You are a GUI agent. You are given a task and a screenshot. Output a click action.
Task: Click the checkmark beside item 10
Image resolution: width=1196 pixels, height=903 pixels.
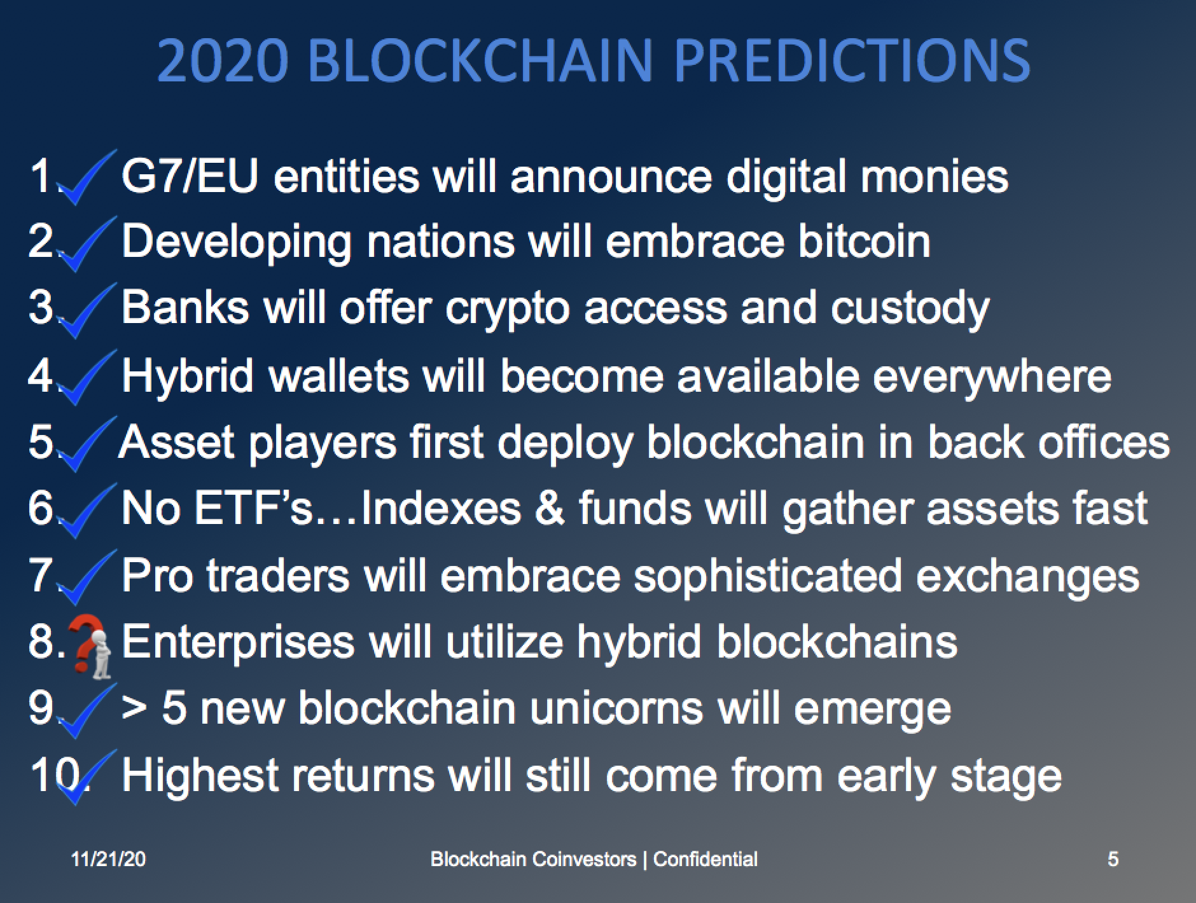coord(86,777)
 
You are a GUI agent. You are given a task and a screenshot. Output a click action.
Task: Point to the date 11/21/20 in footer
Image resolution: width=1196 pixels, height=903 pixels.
coord(109,859)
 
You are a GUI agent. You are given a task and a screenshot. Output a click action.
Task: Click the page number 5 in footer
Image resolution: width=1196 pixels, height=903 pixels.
coord(1113,859)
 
